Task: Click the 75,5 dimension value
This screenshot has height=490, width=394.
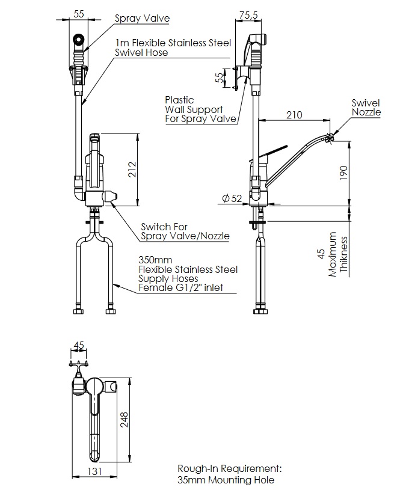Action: (248, 14)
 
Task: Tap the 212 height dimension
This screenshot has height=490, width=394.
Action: (132, 170)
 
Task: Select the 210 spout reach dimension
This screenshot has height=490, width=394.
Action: (294, 115)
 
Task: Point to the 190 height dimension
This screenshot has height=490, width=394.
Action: (343, 173)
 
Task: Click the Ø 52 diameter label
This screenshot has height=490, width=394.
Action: (232, 198)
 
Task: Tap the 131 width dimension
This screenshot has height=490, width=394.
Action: (94, 471)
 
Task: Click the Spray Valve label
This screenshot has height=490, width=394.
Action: (143, 18)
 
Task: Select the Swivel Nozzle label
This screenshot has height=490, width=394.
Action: (366, 108)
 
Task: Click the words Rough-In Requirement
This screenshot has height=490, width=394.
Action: (230, 468)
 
